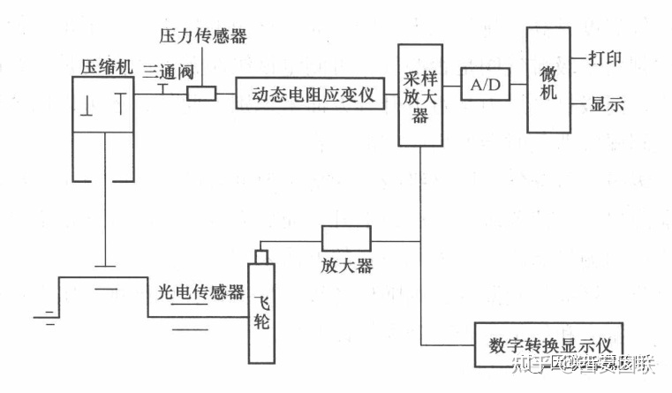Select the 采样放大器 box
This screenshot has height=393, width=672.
click(420, 94)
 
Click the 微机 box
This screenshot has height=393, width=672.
click(548, 80)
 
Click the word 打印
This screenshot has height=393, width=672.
click(606, 59)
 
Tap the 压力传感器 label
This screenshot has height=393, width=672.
click(202, 37)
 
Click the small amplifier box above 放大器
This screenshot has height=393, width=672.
click(345, 238)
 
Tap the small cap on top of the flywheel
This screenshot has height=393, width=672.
click(260, 256)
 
